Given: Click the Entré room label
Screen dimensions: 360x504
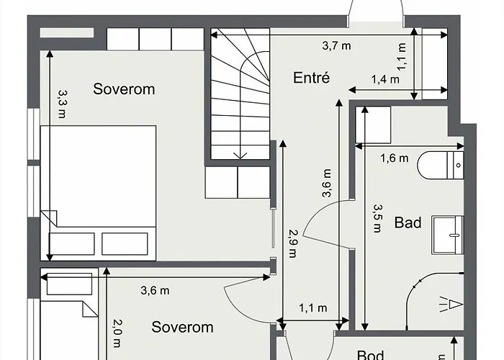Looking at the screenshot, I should coord(311,77).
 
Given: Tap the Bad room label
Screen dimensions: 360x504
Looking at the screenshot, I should coord(408,222).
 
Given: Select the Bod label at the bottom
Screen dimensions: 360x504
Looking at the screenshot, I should coord(371,354).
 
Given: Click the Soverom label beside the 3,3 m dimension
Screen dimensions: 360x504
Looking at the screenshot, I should coord(124,89).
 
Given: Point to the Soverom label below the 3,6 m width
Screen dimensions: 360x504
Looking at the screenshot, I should coord(182,327).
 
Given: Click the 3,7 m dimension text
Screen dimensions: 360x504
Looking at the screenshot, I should coord(336,46).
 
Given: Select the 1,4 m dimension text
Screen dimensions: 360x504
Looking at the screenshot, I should coord(385,79).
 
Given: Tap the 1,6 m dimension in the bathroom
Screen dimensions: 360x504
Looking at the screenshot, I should coord(394,158).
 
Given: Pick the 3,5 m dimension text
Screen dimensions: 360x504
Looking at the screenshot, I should coord(377,218).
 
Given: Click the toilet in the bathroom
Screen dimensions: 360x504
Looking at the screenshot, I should coord(439,165).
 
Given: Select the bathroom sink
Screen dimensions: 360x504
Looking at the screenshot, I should coord(449,235).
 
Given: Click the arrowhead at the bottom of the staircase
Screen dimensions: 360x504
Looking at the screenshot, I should coord(241,155).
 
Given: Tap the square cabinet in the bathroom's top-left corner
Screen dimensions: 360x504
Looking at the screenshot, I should coord(374,125).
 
